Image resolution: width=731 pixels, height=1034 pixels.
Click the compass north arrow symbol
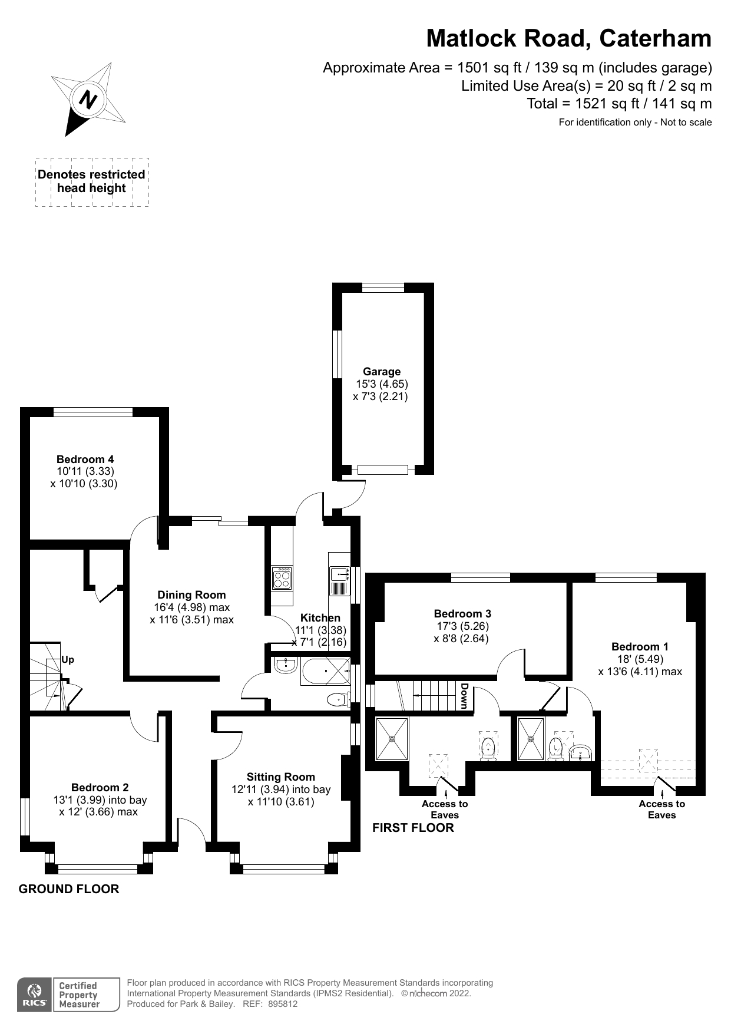click(88, 99)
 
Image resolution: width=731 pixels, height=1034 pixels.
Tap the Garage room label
click(382, 372)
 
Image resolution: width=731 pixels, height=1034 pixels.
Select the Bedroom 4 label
click(85, 460)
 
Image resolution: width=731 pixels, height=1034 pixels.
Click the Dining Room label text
click(191, 595)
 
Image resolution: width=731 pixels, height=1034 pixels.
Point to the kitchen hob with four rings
click(282, 578)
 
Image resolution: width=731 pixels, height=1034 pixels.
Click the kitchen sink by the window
click(339, 574)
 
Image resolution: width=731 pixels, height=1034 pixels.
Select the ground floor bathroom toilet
click(337, 699)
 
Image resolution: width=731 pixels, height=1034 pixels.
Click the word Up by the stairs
click(68, 660)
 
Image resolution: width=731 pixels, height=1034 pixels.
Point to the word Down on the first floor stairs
click(464, 696)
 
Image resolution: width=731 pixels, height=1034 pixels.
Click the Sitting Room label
click(280, 777)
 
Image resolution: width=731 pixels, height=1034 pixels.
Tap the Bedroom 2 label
click(100, 788)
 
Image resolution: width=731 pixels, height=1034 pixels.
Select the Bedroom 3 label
click(462, 614)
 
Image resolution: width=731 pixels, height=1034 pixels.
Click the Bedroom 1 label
click(640, 647)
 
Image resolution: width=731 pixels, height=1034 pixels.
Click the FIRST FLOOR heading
click(413, 828)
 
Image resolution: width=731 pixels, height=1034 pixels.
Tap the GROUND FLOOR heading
click(69, 889)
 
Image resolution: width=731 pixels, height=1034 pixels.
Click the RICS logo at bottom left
click(34, 995)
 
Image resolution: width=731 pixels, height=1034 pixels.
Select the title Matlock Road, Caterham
click(568, 38)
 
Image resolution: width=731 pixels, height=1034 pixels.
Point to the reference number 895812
click(283, 1005)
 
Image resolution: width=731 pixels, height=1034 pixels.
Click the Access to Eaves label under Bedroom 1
click(661, 810)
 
